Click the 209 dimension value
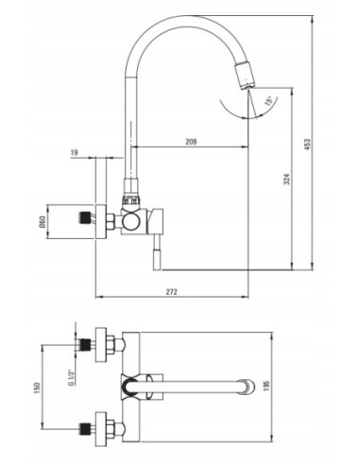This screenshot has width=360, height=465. [x=191, y=142]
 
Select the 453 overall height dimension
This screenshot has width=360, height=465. [x=307, y=145]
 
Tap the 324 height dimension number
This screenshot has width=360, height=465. [x=287, y=179]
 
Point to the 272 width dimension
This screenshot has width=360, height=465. [x=172, y=292]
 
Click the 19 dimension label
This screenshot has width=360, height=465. [x=75, y=153]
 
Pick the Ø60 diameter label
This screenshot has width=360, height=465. [x=43, y=222]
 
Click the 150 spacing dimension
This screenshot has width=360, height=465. [x=37, y=387]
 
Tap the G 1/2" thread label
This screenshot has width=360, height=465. [x=72, y=376]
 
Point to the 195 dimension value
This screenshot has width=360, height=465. [x=267, y=387]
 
